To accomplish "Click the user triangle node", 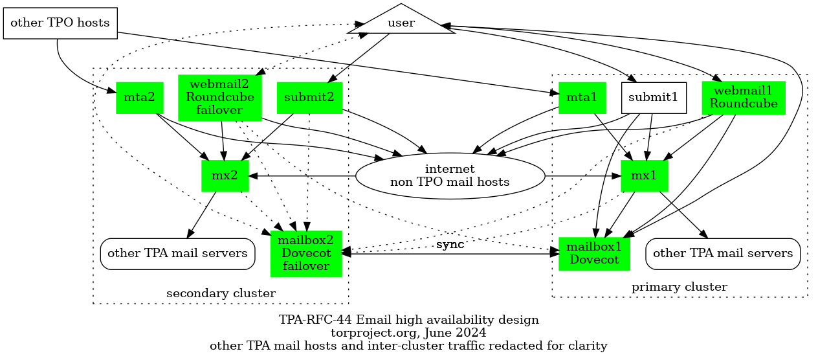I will [x=401, y=24].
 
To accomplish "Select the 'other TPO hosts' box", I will [x=60, y=23].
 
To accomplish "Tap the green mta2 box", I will [x=140, y=98].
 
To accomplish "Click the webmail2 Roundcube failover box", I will [x=220, y=97].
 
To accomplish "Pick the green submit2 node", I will [x=309, y=98].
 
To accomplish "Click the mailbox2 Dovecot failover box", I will [x=306, y=254].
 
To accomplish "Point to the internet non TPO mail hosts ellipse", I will [x=450, y=175].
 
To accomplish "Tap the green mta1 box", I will [x=582, y=98].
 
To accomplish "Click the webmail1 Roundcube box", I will [x=744, y=97].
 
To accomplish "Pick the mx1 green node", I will [x=644, y=175].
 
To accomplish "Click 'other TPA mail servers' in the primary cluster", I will [x=723, y=253].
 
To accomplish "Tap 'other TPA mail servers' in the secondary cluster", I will [x=177, y=253].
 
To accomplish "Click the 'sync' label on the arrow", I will [x=450, y=245].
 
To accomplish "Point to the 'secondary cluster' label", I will [x=221, y=294].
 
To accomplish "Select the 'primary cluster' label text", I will [x=679, y=287].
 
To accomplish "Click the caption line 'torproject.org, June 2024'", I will [x=408, y=333].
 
